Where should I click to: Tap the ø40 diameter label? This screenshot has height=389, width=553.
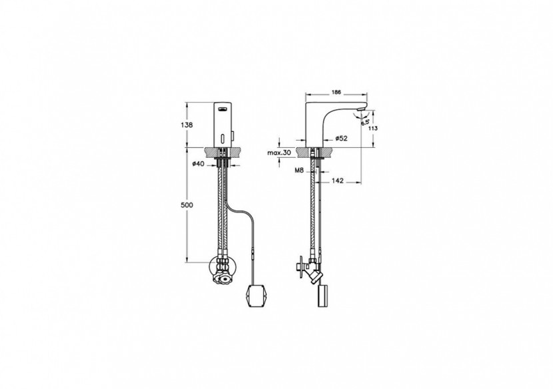198,163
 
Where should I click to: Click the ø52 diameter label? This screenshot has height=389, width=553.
340,139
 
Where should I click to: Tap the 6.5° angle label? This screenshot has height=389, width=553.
364,122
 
